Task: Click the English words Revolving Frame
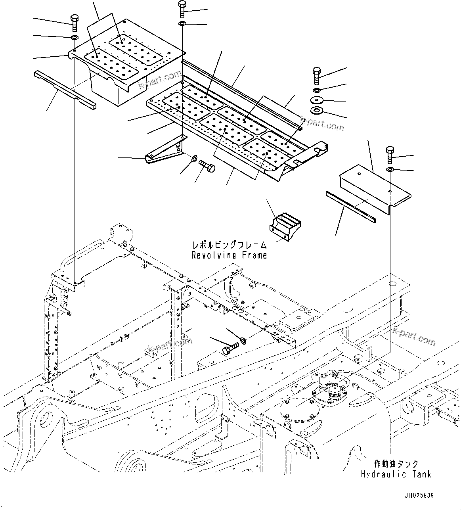229,255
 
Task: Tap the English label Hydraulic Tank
396,474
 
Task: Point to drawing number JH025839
419,496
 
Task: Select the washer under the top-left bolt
74,38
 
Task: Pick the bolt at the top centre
182,9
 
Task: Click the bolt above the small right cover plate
390,155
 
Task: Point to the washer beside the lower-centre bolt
243,340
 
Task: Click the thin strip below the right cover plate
351,207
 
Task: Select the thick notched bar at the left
65,89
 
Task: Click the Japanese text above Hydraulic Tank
396,464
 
